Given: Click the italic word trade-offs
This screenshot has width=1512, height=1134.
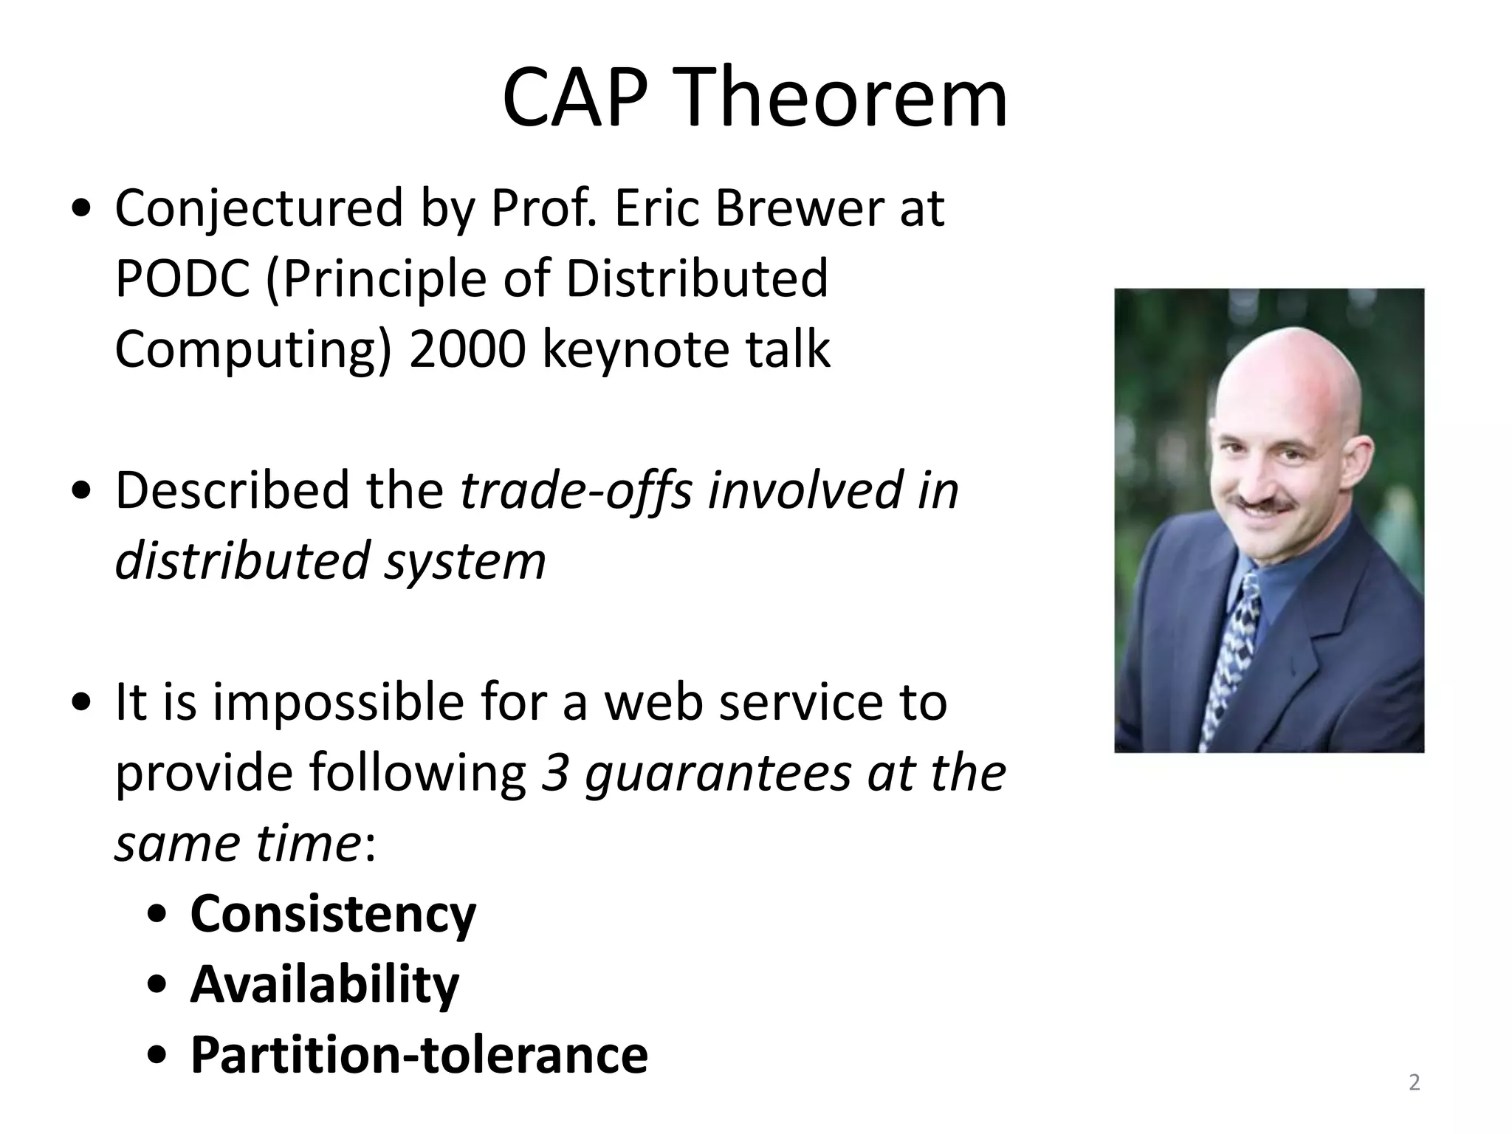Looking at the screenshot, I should tap(576, 490).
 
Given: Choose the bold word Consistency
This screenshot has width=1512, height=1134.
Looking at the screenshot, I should tap(333, 914).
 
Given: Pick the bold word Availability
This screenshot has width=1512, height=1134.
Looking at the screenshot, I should tap(325, 984).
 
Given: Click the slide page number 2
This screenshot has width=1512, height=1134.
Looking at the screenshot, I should tap(1414, 1083).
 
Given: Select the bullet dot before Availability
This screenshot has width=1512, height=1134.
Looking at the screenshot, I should tap(157, 986).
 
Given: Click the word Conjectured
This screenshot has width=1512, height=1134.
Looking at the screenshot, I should tap(259, 209).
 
